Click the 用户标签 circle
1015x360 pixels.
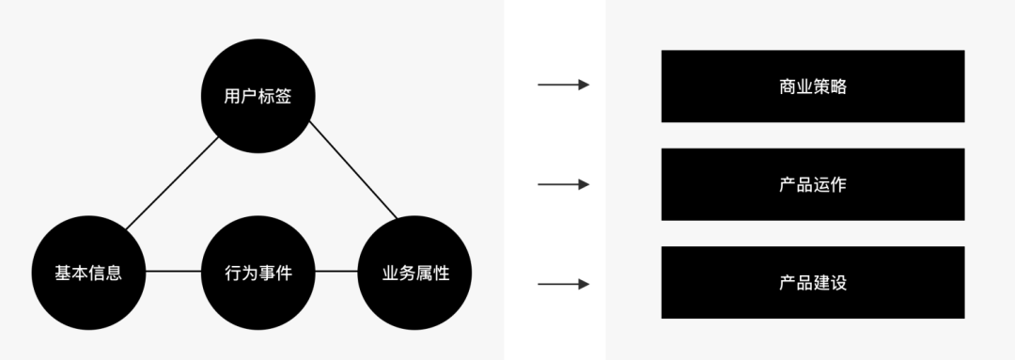point(258,96)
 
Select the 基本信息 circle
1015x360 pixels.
point(88,273)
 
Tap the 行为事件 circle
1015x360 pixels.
point(258,273)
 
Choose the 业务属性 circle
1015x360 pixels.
point(415,273)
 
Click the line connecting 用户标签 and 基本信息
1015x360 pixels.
point(172,183)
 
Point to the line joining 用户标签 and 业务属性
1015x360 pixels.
point(352,169)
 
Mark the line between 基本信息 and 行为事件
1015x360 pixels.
point(174,272)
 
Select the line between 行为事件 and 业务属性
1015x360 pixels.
point(336,272)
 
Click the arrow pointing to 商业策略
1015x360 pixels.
point(564,85)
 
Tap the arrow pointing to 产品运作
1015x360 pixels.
point(564,184)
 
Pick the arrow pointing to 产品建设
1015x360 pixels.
point(564,284)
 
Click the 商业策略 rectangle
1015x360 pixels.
point(813,86)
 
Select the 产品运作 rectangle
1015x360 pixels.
point(813,184)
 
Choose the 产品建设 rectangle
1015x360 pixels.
point(813,282)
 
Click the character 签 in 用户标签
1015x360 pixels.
point(284,97)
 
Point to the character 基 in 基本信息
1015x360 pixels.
point(63,274)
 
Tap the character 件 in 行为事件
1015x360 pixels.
point(284,274)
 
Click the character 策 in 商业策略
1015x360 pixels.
point(821,86)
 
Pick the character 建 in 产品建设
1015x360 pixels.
point(821,283)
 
